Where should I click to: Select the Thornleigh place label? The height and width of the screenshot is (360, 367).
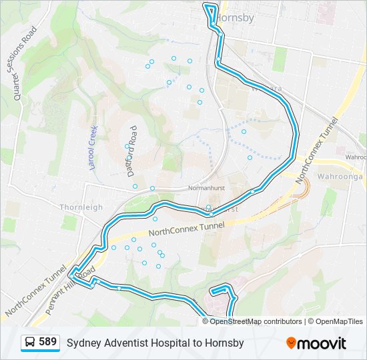click(x=81, y=207)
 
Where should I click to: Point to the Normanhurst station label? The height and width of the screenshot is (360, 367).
click(x=205, y=188)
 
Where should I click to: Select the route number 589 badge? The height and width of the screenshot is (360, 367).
click(x=47, y=342)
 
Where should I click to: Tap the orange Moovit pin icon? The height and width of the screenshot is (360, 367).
click(x=292, y=343)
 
